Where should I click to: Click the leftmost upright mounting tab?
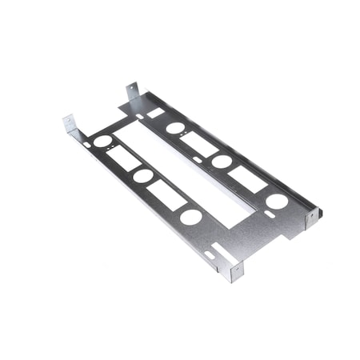(70, 126)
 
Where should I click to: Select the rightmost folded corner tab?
(313, 216)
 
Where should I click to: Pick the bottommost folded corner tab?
(235, 272)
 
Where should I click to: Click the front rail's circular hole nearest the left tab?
(102, 141)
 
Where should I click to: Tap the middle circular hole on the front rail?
(144, 175)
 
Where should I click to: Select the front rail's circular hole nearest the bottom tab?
(190, 216)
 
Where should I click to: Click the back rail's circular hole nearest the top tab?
(174, 127)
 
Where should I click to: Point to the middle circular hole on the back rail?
(222, 162)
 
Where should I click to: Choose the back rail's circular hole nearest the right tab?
(276, 201)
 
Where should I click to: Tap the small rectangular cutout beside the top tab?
(155, 113)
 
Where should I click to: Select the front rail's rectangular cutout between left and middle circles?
(123, 158)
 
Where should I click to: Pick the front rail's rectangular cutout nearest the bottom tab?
(166, 194)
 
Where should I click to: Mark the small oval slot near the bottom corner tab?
(210, 255)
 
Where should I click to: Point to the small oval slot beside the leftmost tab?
(86, 144)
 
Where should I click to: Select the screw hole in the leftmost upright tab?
(70, 122)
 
